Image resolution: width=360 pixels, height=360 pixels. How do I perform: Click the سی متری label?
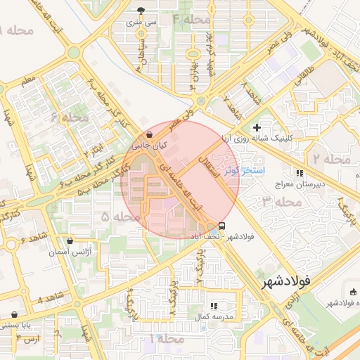click(x=141, y=22)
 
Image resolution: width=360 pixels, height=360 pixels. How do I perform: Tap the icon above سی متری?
click(x=141, y=11)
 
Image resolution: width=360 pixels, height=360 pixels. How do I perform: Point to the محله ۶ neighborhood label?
click(x=70, y=117)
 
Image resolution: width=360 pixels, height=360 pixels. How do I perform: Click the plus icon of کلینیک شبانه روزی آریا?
click(x=257, y=127)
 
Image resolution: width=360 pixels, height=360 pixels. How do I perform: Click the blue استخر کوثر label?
click(x=243, y=170)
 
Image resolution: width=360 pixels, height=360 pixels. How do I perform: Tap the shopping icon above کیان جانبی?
click(x=149, y=134)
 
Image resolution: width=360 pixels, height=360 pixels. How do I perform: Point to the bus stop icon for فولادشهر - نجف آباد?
click(x=222, y=226)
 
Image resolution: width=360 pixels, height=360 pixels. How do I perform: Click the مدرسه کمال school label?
click(x=213, y=317)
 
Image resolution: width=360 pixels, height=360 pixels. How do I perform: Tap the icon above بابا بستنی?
click(x=15, y=314)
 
